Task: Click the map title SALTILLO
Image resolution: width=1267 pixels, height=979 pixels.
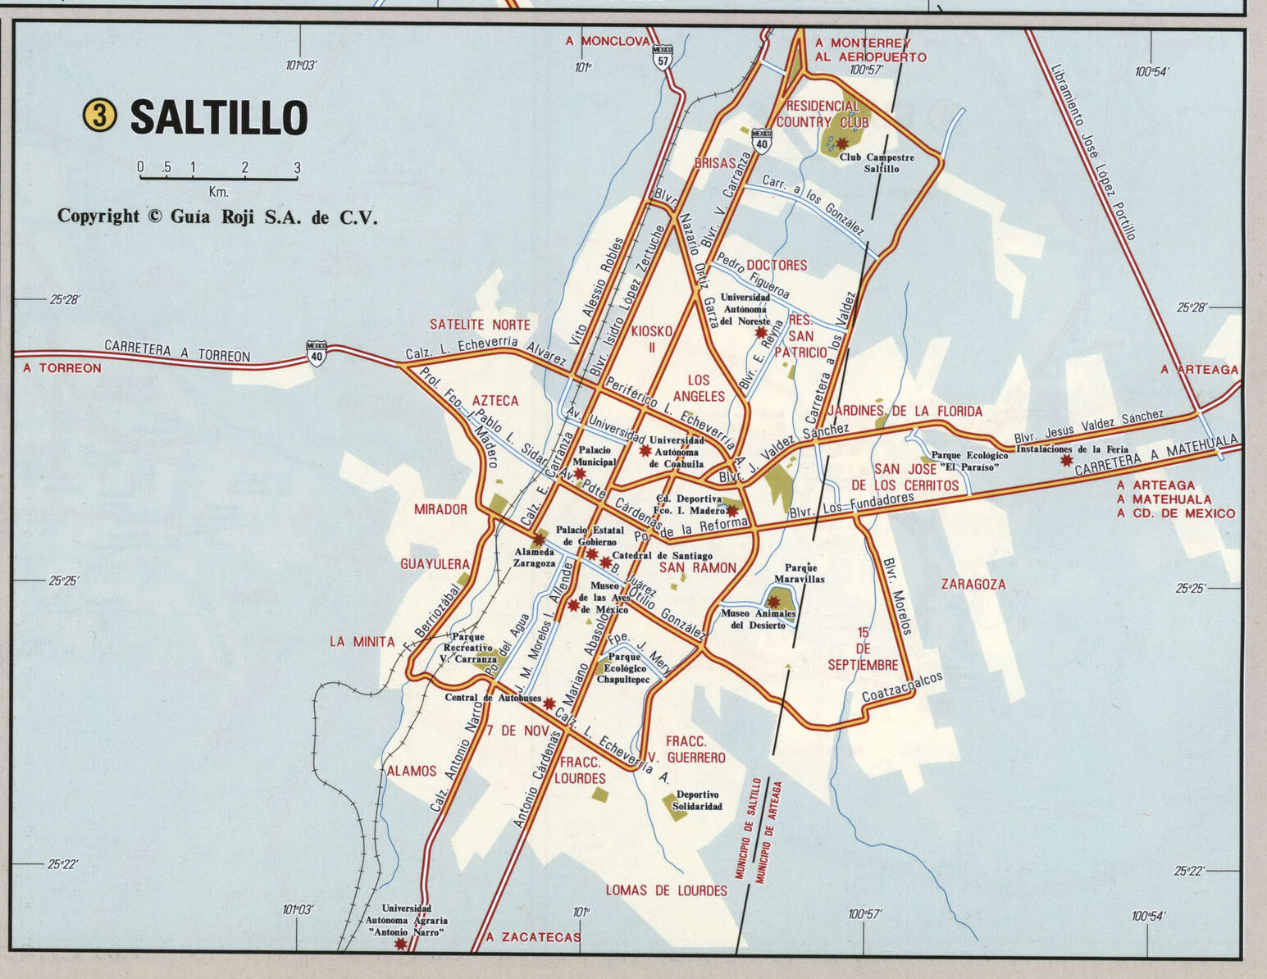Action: click(x=219, y=117)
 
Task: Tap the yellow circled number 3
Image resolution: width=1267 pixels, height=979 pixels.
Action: click(x=100, y=116)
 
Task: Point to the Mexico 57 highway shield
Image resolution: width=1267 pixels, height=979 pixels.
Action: click(x=663, y=56)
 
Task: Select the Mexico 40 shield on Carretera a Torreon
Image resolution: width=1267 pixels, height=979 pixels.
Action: click(x=317, y=353)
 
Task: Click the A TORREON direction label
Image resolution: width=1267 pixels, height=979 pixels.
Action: click(x=62, y=369)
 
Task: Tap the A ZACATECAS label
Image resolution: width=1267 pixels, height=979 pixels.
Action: click(x=533, y=937)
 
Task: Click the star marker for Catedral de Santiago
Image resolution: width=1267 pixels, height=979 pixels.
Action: click(x=606, y=562)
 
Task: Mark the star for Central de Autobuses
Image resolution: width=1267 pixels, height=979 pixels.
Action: click(x=549, y=703)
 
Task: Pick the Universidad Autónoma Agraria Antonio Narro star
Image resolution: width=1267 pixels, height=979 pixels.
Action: click(x=400, y=944)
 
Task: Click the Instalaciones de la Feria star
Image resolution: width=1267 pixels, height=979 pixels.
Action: click(x=1066, y=461)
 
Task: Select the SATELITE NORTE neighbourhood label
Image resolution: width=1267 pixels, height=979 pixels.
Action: click(x=481, y=325)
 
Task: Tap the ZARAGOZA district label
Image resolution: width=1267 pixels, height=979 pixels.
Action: click(x=973, y=585)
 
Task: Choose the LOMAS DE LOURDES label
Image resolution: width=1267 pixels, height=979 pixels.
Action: click(x=666, y=890)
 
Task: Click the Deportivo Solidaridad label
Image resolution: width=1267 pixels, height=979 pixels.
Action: click(x=697, y=800)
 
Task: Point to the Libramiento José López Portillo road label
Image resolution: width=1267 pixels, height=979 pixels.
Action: click(x=1093, y=153)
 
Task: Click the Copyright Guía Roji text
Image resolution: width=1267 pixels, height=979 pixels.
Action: click(x=217, y=216)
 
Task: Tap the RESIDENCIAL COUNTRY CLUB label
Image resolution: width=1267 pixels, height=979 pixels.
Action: click(x=823, y=114)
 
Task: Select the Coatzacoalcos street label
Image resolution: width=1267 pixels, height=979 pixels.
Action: click(x=902, y=687)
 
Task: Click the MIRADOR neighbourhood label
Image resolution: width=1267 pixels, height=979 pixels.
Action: click(x=440, y=509)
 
